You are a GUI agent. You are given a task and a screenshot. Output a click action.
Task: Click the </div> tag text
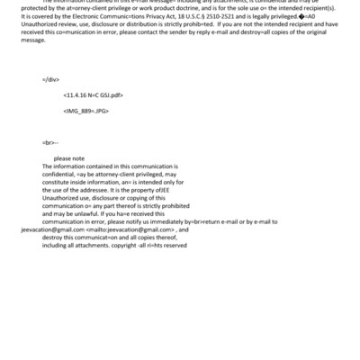(x=50, y=79)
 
